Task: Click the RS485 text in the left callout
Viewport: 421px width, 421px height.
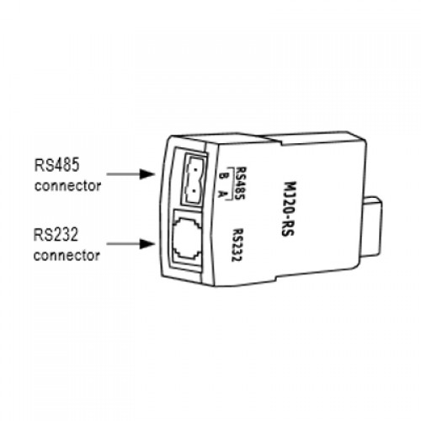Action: [57, 165]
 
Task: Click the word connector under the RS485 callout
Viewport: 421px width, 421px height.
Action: [67, 186]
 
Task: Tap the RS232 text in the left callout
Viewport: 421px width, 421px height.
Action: [56, 235]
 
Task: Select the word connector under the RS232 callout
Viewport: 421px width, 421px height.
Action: [67, 255]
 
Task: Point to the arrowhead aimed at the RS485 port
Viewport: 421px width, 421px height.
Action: [147, 174]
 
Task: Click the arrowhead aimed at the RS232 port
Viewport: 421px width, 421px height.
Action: [147, 243]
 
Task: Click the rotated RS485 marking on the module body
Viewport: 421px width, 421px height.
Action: [241, 183]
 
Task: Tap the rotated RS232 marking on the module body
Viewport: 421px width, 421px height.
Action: [237, 245]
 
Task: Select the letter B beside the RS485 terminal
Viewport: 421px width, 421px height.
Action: [224, 176]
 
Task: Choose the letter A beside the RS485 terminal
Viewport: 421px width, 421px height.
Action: [223, 194]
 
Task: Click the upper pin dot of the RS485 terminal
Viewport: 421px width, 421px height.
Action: [195, 170]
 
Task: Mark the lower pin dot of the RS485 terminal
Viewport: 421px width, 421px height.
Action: [194, 190]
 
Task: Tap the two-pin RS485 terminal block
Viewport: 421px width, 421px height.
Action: [195, 179]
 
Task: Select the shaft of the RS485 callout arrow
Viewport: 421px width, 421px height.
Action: [124, 174]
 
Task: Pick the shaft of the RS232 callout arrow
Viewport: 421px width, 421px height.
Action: [124, 243]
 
